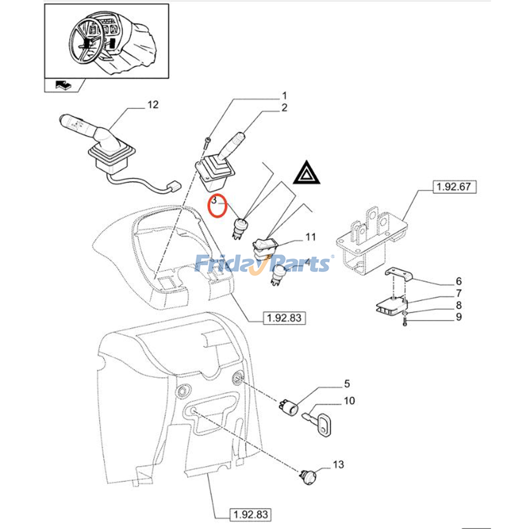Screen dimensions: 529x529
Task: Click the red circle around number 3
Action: (217, 206)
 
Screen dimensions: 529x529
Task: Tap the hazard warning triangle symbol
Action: (306, 173)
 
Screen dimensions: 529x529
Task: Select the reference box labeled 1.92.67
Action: (454, 187)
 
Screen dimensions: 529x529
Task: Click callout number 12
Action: (153, 105)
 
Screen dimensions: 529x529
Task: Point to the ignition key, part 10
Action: (320, 425)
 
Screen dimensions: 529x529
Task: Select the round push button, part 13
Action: (309, 478)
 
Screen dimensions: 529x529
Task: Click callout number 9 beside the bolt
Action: (459, 317)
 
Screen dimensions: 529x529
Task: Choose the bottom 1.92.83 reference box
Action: (250, 514)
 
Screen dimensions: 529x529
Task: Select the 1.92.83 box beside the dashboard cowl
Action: (284, 318)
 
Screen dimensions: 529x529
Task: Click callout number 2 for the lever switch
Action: (284, 108)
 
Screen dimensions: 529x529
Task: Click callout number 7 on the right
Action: (459, 293)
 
